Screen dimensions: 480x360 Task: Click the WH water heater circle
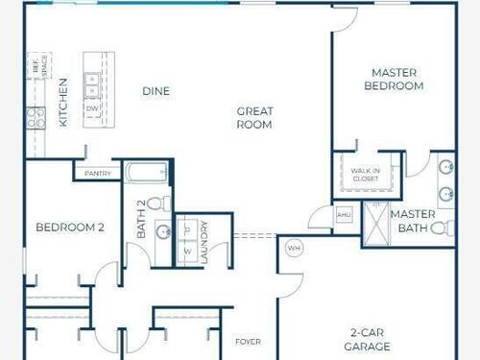294,248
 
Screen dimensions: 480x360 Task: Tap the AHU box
344,215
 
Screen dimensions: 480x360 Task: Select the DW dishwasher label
92,108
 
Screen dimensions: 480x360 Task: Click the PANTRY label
98,174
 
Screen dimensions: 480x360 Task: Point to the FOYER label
248,342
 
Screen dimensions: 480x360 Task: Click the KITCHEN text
63,103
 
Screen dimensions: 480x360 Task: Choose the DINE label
156,91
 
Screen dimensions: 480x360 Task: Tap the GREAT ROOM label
254,118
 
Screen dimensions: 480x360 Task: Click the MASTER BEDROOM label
394,80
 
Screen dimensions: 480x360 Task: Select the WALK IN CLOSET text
366,175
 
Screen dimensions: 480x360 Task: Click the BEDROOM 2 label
70,228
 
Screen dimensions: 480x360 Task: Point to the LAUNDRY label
204,242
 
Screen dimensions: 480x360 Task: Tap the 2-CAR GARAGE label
367,340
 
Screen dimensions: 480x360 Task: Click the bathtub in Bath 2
146,173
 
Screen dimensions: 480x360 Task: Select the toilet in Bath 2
159,204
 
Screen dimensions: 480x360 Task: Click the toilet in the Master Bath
443,228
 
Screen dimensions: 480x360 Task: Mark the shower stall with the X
376,224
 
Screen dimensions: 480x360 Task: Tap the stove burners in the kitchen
36,118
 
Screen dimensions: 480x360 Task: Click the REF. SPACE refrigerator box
39,66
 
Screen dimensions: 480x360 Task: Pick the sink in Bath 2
163,231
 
